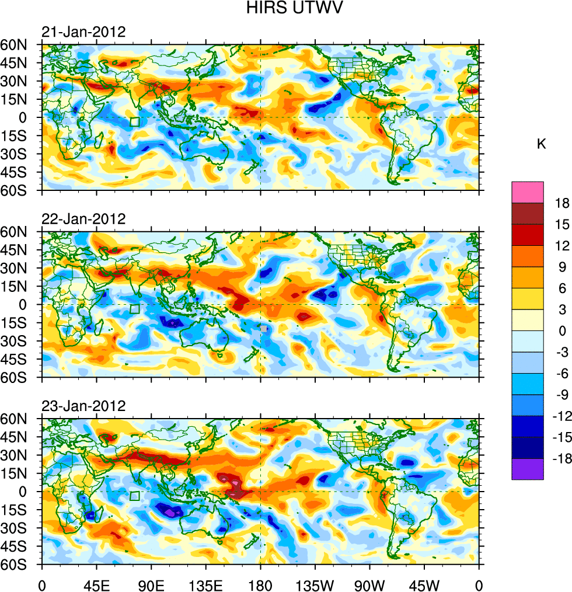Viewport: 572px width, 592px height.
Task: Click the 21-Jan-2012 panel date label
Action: [83, 32]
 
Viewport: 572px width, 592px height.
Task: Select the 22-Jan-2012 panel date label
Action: [83, 219]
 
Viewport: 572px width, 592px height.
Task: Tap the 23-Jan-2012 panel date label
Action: [83, 406]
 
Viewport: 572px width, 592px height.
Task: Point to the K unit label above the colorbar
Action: [542, 144]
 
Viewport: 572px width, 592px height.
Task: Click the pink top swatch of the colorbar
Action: [528, 192]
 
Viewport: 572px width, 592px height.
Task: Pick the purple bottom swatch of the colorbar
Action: [528, 469]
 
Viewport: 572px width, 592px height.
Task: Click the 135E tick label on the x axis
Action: [206, 584]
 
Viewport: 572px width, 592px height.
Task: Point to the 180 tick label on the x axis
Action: [260, 584]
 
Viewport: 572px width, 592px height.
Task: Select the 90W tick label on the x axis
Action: [369, 584]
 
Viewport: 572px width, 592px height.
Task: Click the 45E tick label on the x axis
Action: [96, 584]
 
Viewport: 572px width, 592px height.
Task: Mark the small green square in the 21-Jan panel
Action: [135, 121]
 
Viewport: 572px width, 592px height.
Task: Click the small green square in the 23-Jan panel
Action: [135, 496]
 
